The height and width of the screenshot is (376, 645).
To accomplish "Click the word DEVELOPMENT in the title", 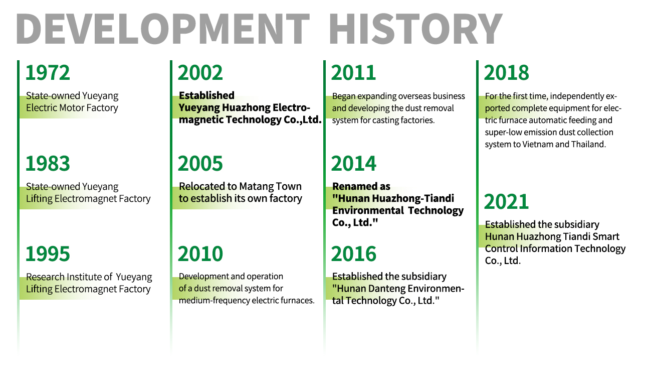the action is pos(163,29).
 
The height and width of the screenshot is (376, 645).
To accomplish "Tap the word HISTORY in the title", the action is pos(416,29).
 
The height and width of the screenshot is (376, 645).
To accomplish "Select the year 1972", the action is pos(48,72).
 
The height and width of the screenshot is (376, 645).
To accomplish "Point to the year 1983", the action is pos(48,163).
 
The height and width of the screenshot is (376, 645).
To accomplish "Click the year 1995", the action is pos(48,254).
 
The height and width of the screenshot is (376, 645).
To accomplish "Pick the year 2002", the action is pos(200,72).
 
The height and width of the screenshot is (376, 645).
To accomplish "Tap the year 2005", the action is pos(200,163).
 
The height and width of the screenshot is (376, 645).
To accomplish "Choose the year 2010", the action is pos(200,254).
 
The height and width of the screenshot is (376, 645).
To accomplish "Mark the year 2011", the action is pos(353,72).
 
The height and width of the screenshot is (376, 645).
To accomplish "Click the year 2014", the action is pos(354,163).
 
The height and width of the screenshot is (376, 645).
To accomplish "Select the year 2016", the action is pos(354,254).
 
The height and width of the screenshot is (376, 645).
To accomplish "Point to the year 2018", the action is pos(507,72).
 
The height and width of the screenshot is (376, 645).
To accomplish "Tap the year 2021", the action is pos(507,201).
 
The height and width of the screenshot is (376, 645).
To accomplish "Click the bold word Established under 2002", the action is pos(206,95).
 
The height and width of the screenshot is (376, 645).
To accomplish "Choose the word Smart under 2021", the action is pos(606,236).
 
